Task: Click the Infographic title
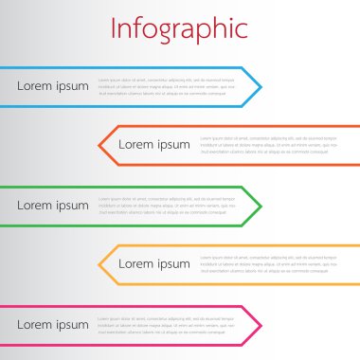pyautogui.click(x=179, y=28)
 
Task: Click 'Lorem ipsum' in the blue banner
pyautogui.click(x=53, y=86)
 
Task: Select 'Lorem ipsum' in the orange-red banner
pyautogui.click(x=153, y=144)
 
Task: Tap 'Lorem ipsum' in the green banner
pyautogui.click(x=53, y=206)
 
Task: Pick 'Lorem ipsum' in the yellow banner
pyautogui.click(x=153, y=264)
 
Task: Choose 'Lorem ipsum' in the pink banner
pyautogui.click(x=53, y=325)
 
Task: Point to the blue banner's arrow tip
pyautogui.click(x=261, y=86)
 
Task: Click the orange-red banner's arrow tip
pyautogui.click(x=100, y=145)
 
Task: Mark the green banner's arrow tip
pyautogui.click(x=261, y=206)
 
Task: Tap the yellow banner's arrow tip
pyautogui.click(x=100, y=264)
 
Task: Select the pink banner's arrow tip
pyautogui.click(x=261, y=325)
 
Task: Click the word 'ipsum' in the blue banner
pyautogui.click(x=71, y=87)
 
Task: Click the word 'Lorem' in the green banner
pyautogui.click(x=34, y=206)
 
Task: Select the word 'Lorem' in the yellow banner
pyautogui.click(x=135, y=264)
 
